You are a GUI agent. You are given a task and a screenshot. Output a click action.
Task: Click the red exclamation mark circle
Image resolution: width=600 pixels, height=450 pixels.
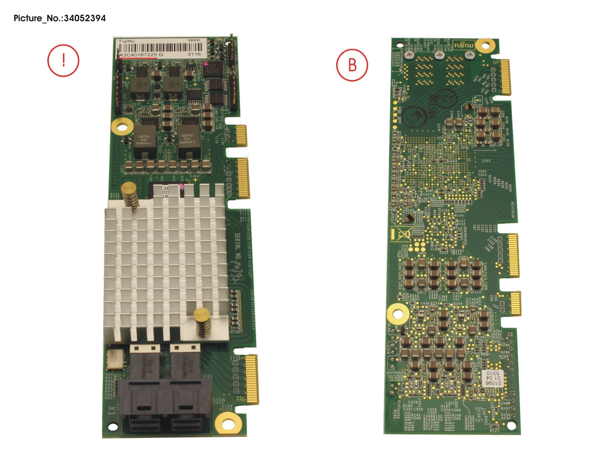pos(63,61)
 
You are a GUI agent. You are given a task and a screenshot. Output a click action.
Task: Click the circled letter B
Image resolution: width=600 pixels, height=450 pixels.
pos(352,65)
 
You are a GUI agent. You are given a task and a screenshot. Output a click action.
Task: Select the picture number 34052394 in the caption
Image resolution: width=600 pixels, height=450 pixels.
pos(85,18)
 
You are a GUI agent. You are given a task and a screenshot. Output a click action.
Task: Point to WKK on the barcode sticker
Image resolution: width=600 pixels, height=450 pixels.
pos(194,40)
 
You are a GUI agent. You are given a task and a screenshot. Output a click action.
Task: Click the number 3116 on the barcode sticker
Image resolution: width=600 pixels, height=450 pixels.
pos(194,54)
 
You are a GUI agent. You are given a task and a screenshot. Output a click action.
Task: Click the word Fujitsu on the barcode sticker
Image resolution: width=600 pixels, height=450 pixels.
pos(127,41)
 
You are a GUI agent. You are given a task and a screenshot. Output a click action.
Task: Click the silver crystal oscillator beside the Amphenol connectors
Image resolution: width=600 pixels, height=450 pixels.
pos(115,359)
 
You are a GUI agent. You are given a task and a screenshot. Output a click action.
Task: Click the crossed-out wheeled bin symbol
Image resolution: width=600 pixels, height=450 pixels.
pos(404,234)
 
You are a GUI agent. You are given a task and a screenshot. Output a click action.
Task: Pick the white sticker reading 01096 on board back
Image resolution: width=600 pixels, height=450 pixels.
pos(493,378)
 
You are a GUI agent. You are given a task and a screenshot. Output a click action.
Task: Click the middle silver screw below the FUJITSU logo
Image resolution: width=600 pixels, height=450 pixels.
pos(439,55)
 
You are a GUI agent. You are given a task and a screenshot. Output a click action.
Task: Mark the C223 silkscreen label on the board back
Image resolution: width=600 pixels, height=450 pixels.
pos(486,161)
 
